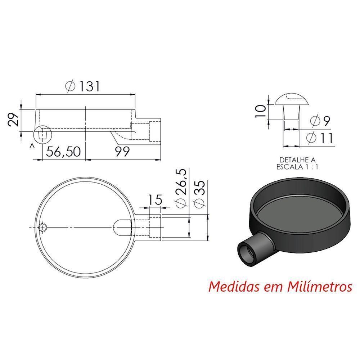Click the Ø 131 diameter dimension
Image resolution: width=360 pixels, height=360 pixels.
pyautogui.click(x=83, y=86)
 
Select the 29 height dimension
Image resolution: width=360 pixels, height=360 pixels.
pyautogui.click(x=13, y=120)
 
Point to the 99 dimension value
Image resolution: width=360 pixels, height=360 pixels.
pyautogui.click(x=122, y=152)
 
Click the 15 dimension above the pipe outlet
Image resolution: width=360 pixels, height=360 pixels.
pyautogui.click(x=155, y=199)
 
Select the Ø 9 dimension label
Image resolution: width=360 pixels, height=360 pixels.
pyautogui.click(x=320, y=121)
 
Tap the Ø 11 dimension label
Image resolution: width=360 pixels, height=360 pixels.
pyautogui.click(x=319, y=138)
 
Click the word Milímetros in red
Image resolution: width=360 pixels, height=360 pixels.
pyautogui.click(x=320, y=287)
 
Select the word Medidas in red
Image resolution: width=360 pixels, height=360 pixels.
pyautogui.click(x=230, y=287)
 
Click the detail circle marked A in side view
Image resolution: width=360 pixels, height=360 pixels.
pyautogui.click(x=43, y=135)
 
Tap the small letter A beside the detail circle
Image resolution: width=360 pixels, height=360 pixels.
pyautogui.click(x=32, y=145)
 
